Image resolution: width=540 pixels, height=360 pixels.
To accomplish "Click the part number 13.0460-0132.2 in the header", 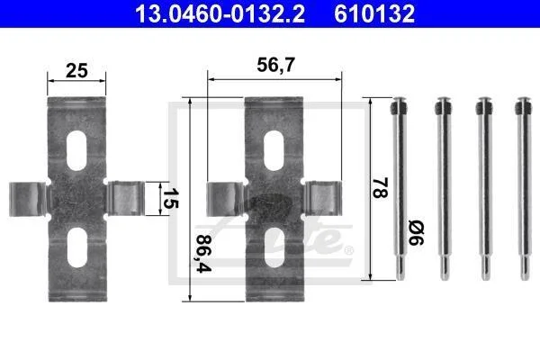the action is pyautogui.click(x=220, y=13).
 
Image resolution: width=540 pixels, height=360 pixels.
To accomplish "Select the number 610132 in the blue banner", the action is pyautogui.click(x=374, y=13).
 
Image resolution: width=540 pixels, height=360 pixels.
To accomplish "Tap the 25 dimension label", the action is pyautogui.click(x=76, y=70).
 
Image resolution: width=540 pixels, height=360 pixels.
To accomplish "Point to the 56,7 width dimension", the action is pyautogui.click(x=276, y=65).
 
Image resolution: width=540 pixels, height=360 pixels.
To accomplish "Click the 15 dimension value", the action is pyautogui.click(x=170, y=199).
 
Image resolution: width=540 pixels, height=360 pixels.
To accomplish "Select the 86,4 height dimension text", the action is pyautogui.click(x=203, y=254).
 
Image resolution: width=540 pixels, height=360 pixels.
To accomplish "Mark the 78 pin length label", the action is pyautogui.click(x=380, y=188).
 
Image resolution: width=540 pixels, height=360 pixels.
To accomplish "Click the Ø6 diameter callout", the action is pyautogui.click(x=416, y=234).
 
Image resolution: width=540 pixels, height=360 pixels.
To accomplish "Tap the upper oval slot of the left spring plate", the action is pyautogui.click(x=76, y=150).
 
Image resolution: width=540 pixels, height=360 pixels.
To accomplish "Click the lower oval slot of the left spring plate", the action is pyautogui.click(x=77, y=247).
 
